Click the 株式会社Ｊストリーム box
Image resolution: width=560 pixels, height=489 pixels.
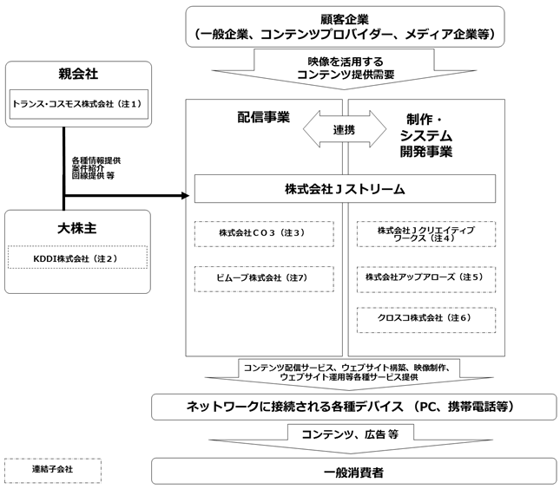(345, 189)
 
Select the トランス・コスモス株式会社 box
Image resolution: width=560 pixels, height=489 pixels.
(78, 104)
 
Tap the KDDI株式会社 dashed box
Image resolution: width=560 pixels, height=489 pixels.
(77, 258)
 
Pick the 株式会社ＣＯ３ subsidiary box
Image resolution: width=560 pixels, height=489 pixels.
(264, 234)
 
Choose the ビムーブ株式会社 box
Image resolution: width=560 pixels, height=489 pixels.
(264, 279)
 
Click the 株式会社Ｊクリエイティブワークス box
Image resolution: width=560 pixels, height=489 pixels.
(426, 234)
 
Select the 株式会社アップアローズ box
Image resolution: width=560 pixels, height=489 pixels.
(426, 279)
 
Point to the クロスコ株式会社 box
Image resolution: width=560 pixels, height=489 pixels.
(426, 320)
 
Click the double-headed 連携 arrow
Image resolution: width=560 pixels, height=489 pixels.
(345, 129)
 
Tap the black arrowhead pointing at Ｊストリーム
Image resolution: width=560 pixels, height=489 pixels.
(185, 195)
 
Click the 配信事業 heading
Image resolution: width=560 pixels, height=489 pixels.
(264, 117)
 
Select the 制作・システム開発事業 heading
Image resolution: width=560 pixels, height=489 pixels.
(426, 135)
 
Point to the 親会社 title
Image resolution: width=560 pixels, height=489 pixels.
(78, 74)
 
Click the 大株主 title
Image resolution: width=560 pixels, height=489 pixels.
(77, 228)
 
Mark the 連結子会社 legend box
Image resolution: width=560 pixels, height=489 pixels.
(53, 471)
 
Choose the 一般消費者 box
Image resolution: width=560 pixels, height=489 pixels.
(354, 471)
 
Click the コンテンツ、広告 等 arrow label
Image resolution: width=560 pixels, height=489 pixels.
(350, 434)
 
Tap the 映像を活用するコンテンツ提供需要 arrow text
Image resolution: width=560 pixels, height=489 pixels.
(346, 68)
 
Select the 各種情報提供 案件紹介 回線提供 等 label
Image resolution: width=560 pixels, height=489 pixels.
(96, 168)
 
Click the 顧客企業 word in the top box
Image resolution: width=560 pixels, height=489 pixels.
(345, 19)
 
